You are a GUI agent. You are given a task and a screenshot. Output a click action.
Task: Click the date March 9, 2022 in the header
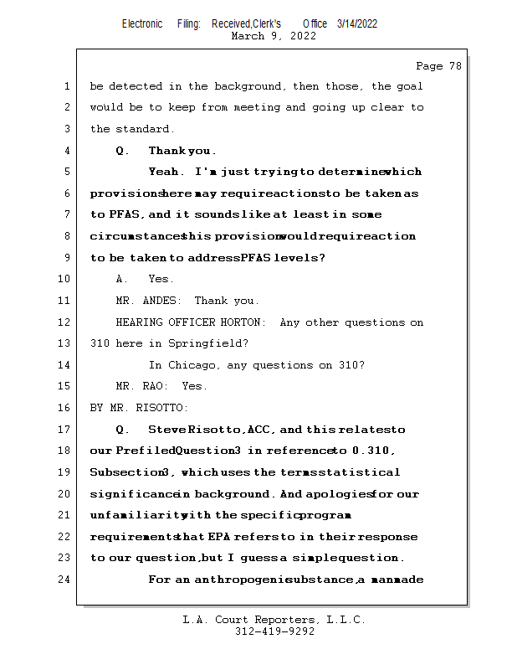pos(274,36)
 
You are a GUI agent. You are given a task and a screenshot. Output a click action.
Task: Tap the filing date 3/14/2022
pos(357,23)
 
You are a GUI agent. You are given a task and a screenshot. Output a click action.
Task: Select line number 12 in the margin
pos(65,322)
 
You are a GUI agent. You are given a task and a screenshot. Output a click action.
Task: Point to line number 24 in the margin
pos(65,579)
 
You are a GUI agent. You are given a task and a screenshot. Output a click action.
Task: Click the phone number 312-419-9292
pos(274,631)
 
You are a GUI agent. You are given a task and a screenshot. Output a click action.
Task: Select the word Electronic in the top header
pos(142,23)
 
